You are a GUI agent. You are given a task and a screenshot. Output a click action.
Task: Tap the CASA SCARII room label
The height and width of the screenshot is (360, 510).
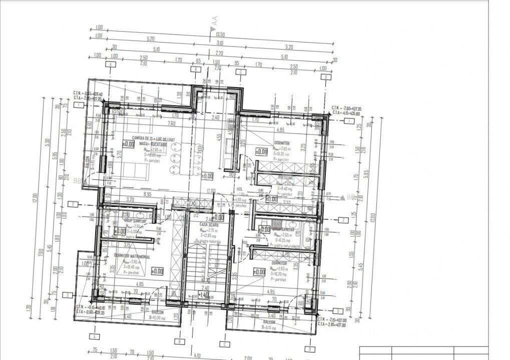coord(206,225)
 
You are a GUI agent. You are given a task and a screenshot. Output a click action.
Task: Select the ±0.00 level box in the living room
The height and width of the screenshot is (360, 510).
coord(129,144)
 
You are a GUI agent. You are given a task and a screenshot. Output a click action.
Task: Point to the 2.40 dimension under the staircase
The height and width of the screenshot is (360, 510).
coord(205,288)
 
